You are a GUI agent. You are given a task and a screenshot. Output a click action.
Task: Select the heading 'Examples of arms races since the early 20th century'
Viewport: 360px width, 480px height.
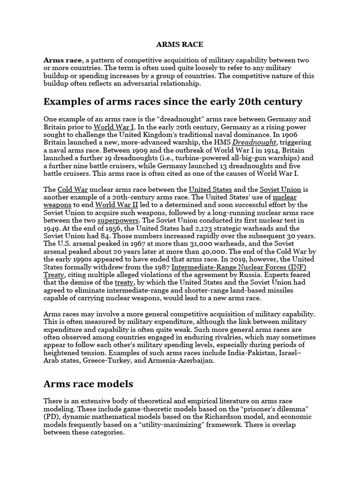pos(173,102)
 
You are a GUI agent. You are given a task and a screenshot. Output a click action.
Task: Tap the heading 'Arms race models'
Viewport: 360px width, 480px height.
pos(89,384)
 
